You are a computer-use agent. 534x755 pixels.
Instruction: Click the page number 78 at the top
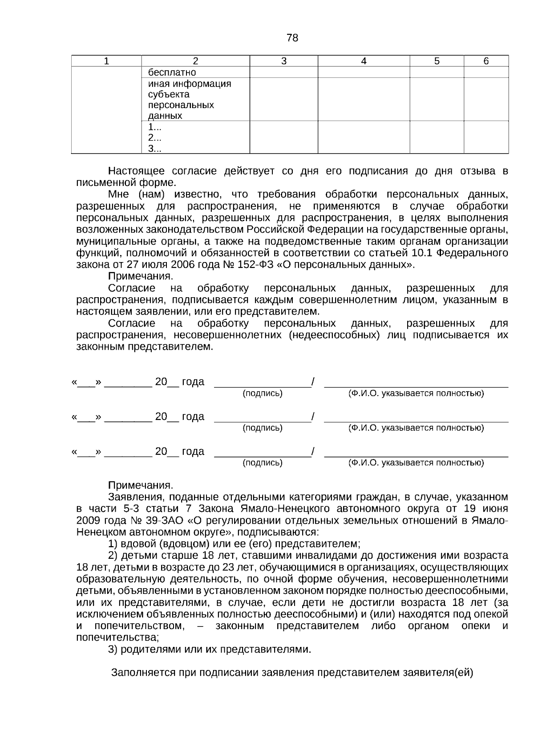292,38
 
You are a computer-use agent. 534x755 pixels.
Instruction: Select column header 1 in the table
106,61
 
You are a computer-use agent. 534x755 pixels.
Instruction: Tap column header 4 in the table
364,61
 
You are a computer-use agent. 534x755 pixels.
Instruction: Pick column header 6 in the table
486,61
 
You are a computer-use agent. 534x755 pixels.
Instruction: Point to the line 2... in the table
154,138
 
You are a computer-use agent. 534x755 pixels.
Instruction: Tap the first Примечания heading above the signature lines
140,276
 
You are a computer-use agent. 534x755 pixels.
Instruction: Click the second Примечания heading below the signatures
140,485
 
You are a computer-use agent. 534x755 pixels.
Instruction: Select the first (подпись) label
263,393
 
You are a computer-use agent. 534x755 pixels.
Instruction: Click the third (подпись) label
263,463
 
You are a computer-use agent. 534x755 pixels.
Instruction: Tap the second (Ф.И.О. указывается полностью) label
416,428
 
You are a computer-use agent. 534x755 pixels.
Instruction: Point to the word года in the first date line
193,382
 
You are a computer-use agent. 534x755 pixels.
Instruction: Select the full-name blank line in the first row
416,386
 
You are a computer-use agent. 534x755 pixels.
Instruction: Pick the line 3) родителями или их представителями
209,649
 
